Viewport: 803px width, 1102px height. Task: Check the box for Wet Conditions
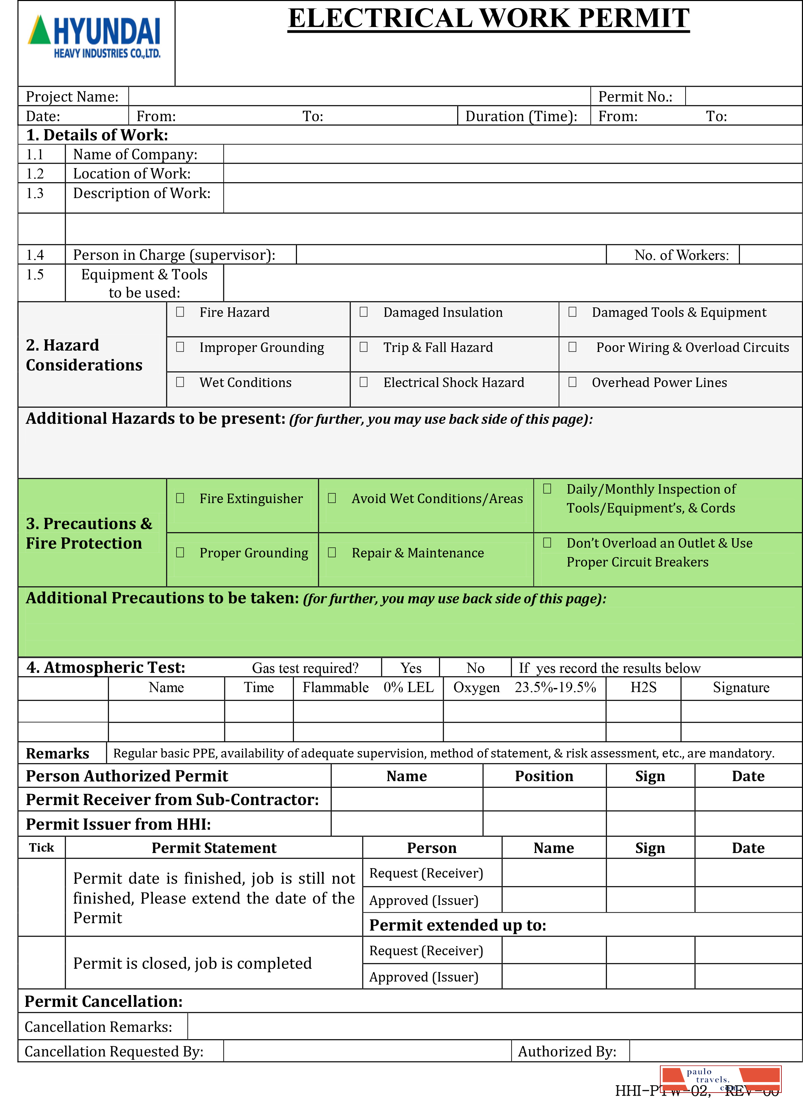click(x=180, y=382)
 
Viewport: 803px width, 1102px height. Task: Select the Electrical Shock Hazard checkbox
click(x=364, y=382)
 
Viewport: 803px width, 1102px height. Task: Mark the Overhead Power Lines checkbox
click(x=573, y=382)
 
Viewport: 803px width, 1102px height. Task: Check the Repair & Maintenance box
click(x=332, y=553)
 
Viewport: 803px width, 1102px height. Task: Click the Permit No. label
click(x=635, y=97)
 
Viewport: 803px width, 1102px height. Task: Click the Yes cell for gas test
click(x=411, y=668)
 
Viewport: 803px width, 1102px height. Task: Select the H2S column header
click(x=643, y=687)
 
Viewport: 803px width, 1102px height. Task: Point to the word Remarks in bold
click(x=57, y=753)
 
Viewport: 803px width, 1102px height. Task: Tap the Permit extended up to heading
click(x=458, y=925)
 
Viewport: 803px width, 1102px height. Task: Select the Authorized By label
click(x=567, y=1051)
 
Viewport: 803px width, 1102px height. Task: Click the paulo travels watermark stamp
click(x=720, y=1079)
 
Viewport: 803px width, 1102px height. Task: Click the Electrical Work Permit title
click(x=489, y=19)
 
